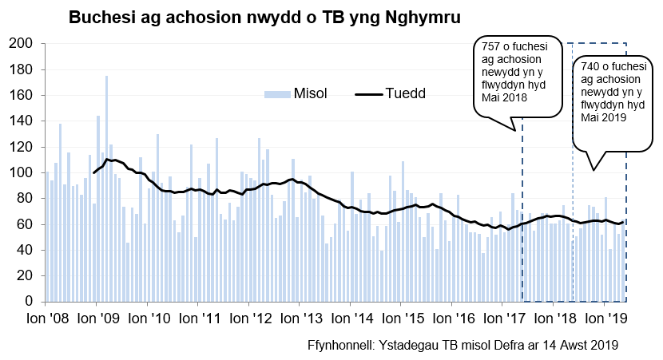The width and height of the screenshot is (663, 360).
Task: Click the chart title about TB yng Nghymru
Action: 264,17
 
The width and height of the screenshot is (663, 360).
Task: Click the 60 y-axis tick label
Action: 23,224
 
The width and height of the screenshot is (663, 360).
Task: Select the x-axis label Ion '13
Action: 300,317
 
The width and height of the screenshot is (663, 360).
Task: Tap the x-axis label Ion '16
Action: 452,317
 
